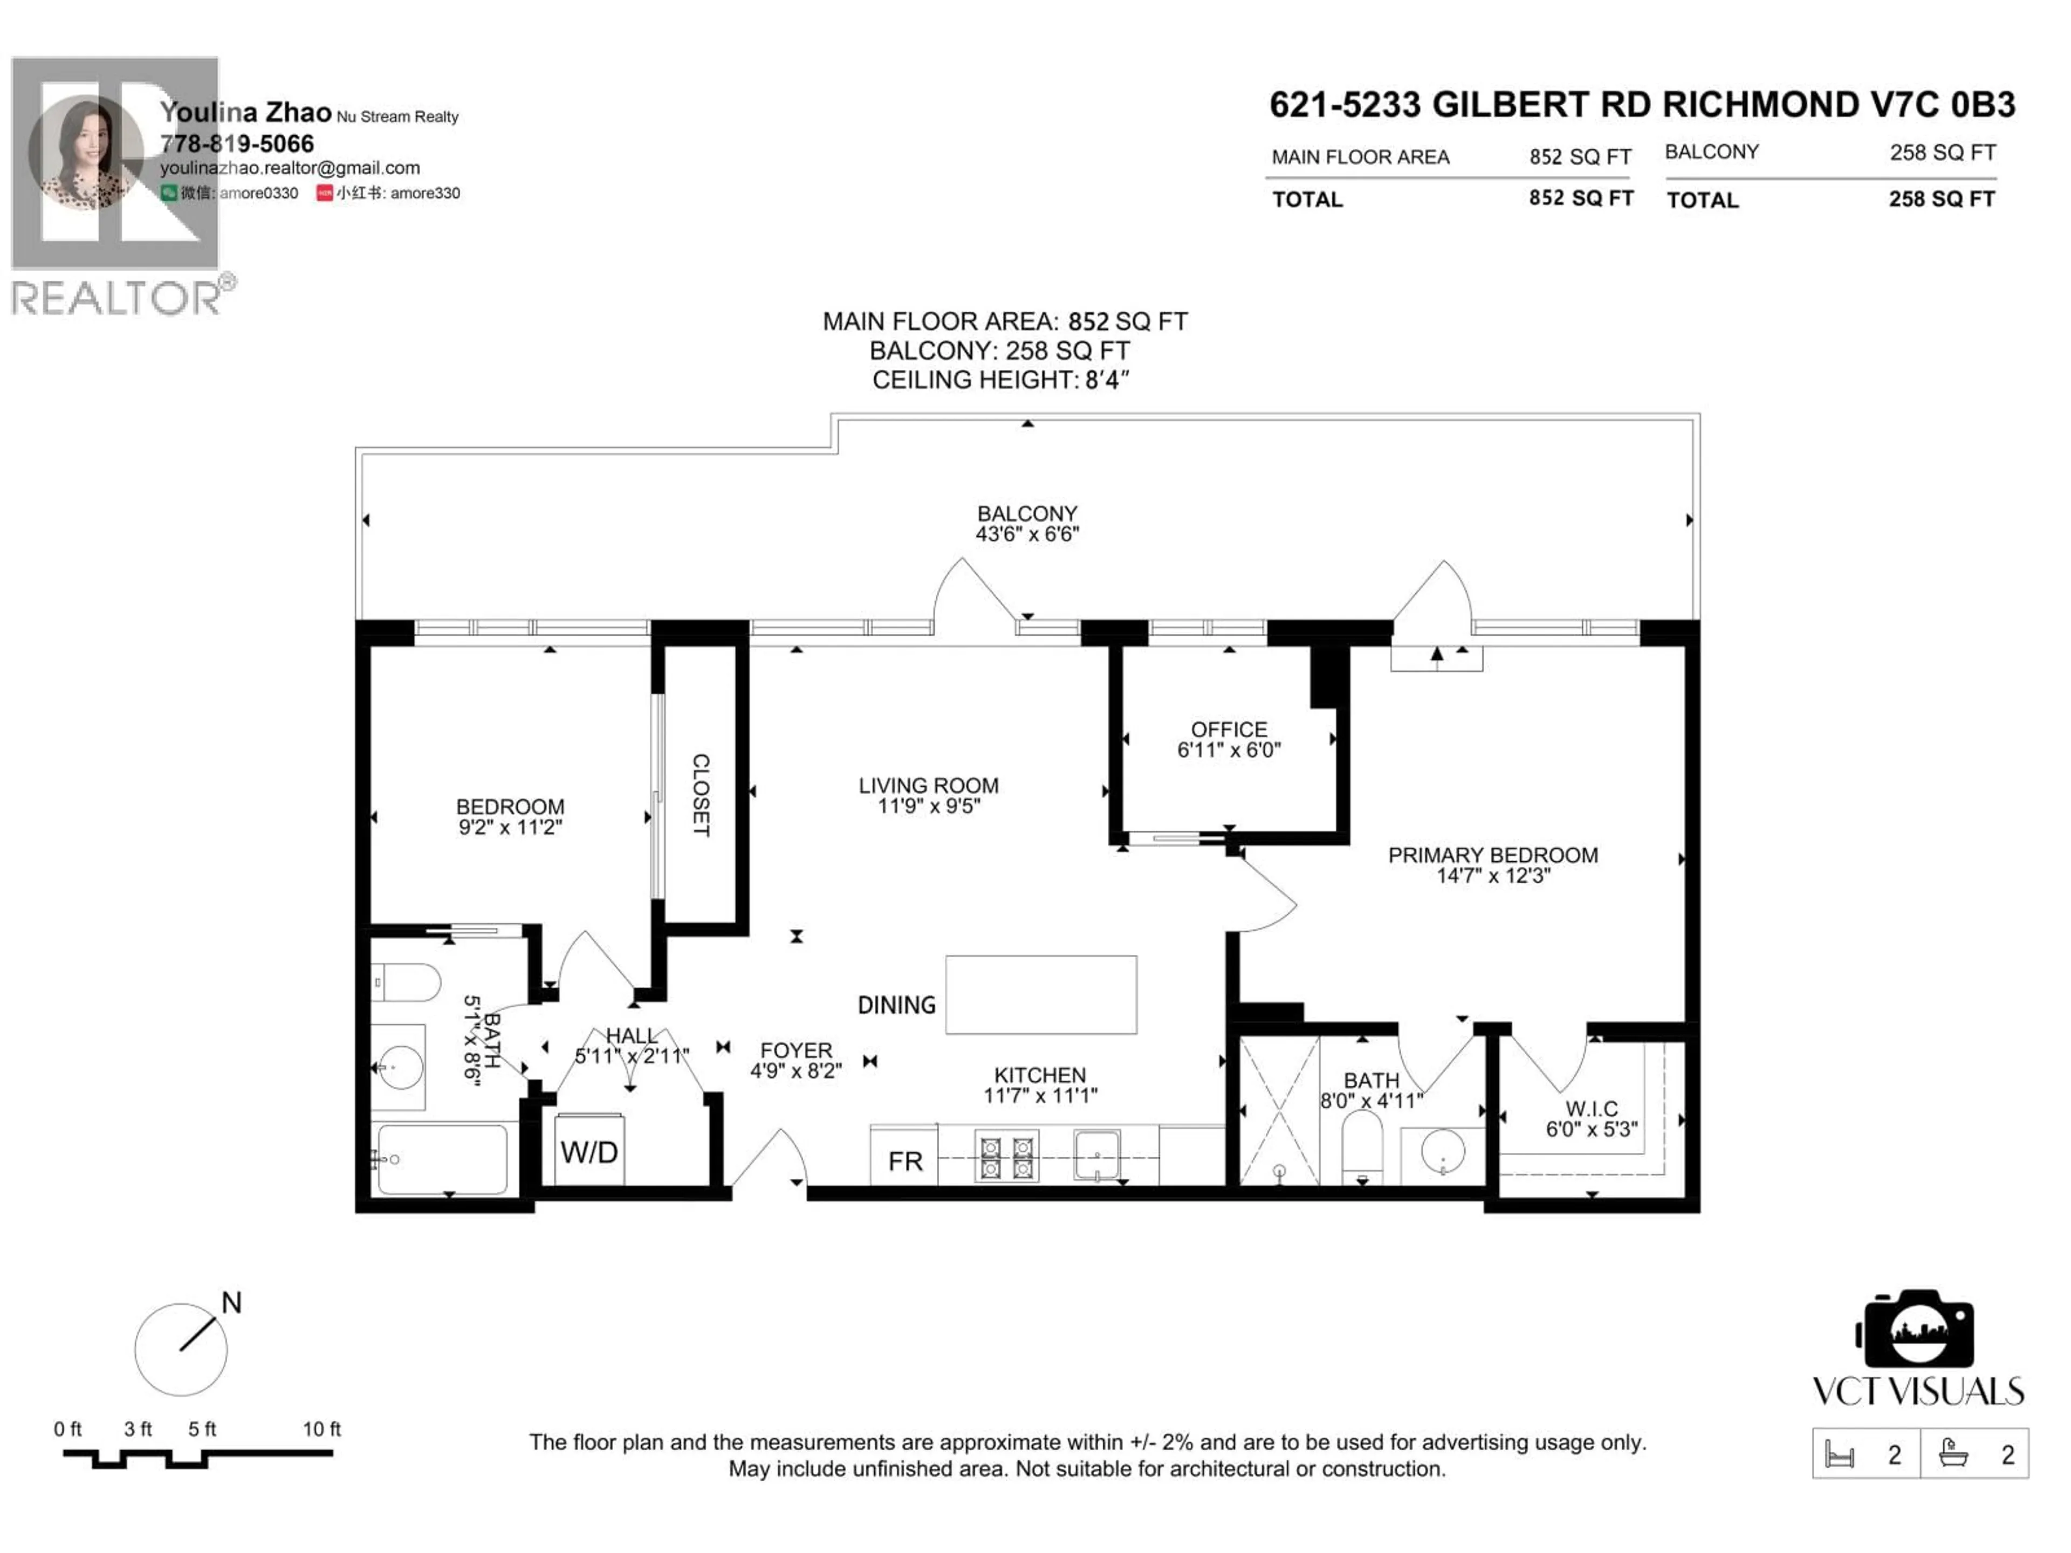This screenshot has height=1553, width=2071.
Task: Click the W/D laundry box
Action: coord(589,1151)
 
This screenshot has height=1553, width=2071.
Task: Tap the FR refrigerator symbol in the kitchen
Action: coord(904,1161)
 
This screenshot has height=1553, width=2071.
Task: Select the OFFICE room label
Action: coord(1229,729)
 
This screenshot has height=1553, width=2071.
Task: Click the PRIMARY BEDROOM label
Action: coord(1492,855)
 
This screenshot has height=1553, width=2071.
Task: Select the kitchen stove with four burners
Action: coord(1005,1158)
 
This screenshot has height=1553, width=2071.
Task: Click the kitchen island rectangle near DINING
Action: coord(1040,995)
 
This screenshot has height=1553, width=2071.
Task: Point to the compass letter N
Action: coord(231,1302)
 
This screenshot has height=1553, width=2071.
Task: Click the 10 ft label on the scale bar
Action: coord(321,1428)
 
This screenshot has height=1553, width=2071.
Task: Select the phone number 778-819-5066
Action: coord(237,143)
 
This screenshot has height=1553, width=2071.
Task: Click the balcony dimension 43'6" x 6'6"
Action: coord(1027,534)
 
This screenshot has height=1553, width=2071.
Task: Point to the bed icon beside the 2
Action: coord(1840,1455)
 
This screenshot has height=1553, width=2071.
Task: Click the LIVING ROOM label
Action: coord(928,785)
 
